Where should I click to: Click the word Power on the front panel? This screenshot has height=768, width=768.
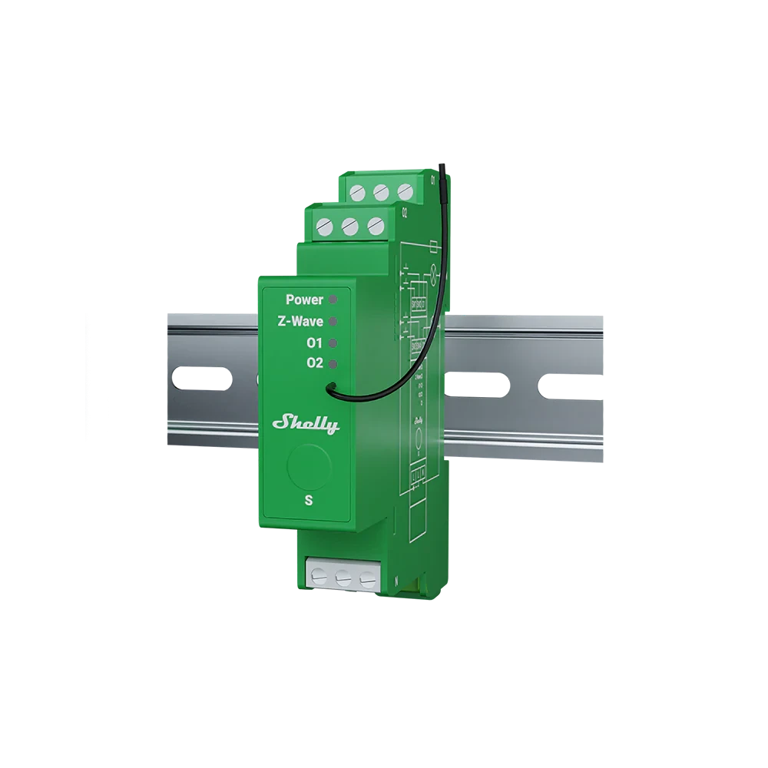click(x=305, y=300)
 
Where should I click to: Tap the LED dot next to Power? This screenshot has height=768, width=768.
click(x=333, y=299)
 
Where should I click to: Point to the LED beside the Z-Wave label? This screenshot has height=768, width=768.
click(x=333, y=320)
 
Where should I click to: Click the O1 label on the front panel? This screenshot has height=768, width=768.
click(x=314, y=343)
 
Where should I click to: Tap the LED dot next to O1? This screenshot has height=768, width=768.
click(x=333, y=342)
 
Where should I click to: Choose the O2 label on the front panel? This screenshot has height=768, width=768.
click(x=314, y=363)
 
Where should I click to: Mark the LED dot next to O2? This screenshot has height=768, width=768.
click(x=333, y=362)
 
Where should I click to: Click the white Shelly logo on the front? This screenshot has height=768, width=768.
click(x=306, y=423)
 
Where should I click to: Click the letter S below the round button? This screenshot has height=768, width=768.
click(x=309, y=500)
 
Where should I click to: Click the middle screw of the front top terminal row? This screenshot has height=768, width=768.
click(x=349, y=227)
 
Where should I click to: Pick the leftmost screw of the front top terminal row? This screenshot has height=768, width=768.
click(x=324, y=227)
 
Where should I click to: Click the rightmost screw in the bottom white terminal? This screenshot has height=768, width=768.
click(x=368, y=578)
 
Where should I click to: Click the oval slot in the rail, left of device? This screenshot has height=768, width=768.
click(x=202, y=379)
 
